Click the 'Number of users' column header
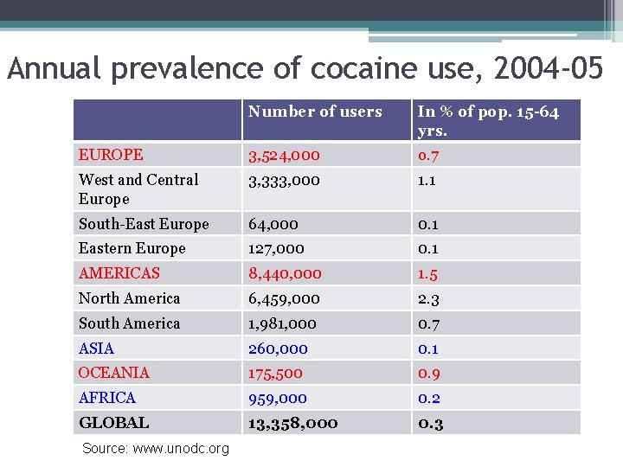[x=315, y=112]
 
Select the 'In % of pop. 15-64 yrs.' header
[x=488, y=121]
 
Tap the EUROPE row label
[x=111, y=155]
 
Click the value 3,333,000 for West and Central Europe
[x=284, y=180]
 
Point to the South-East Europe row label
[x=144, y=224]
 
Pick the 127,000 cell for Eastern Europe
[x=276, y=248]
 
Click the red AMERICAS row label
[x=119, y=273]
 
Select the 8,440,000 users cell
[x=285, y=273]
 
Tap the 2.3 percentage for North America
[x=428, y=298]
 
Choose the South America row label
[x=129, y=323]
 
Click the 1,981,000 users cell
[x=282, y=323]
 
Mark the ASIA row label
[x=96, y=349]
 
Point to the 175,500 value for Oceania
[x=275, y=373]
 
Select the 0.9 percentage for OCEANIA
[x=428, y=373]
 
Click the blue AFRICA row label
[x=107, y=398]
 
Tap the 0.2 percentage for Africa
[x=428, y=398]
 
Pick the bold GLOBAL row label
[x=113, y=423]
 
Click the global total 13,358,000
[x=292, y=423]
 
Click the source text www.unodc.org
[x=181, y=449]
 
